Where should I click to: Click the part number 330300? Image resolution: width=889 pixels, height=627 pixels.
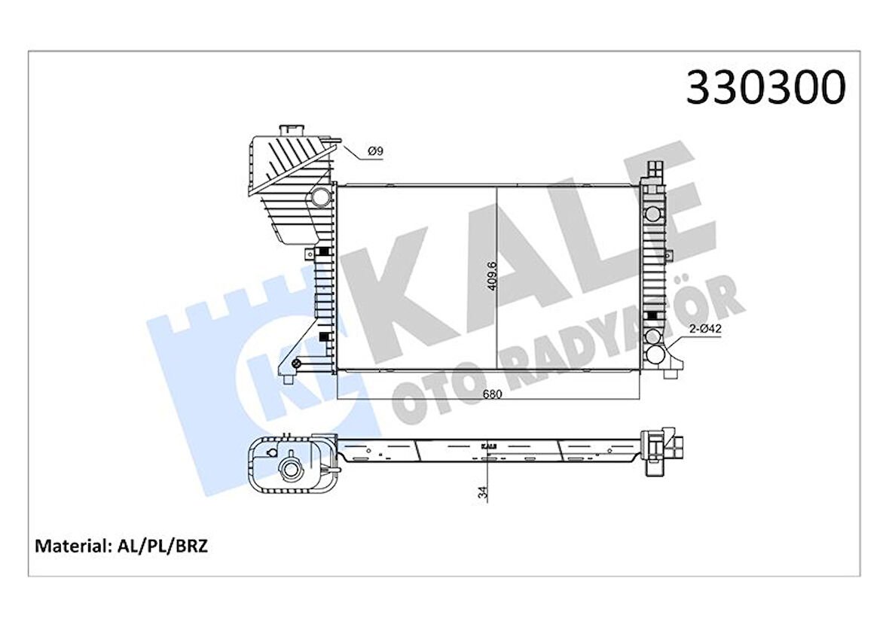tap(765, 88)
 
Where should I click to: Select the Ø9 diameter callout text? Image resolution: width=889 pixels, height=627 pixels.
tap(375, 151)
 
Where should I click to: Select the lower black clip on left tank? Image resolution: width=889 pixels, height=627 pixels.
tap(324, 336)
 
